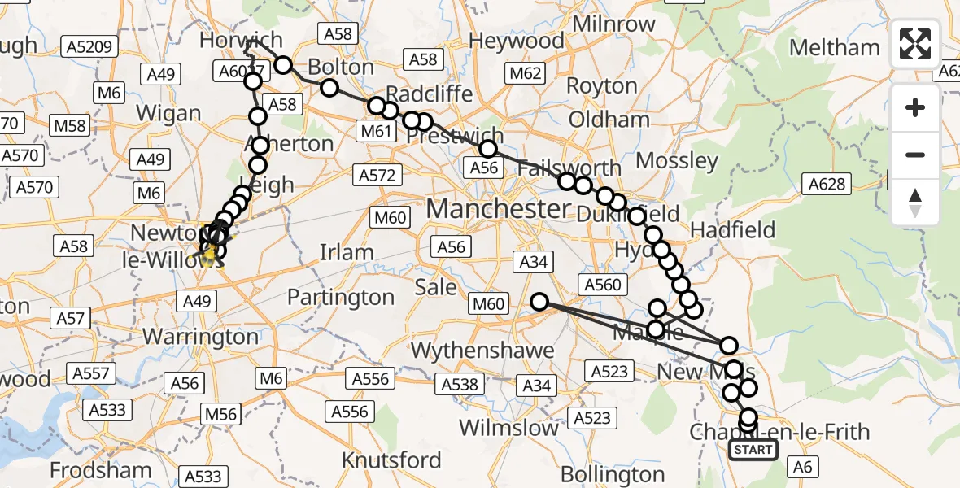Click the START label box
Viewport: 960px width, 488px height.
pos(753,450)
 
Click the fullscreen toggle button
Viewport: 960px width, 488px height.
pos(915,44)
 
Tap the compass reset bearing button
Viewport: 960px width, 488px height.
pos(915,203)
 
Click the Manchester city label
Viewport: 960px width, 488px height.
pos(498,209)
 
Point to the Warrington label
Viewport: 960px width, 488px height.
pos(200,336)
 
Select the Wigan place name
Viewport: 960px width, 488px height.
pos(169,112)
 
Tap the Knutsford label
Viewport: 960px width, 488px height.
pos(392,460)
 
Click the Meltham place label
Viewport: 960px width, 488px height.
pos(835,47)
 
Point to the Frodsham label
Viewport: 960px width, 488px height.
pos(100,469)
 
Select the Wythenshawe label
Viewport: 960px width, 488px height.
pos(483,351)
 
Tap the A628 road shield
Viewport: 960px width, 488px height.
pos(827,185)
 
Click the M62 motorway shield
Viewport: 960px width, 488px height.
pos(524,74)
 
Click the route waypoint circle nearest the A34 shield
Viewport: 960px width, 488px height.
pos(539,303)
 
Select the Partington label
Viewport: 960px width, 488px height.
pos(341,298)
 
